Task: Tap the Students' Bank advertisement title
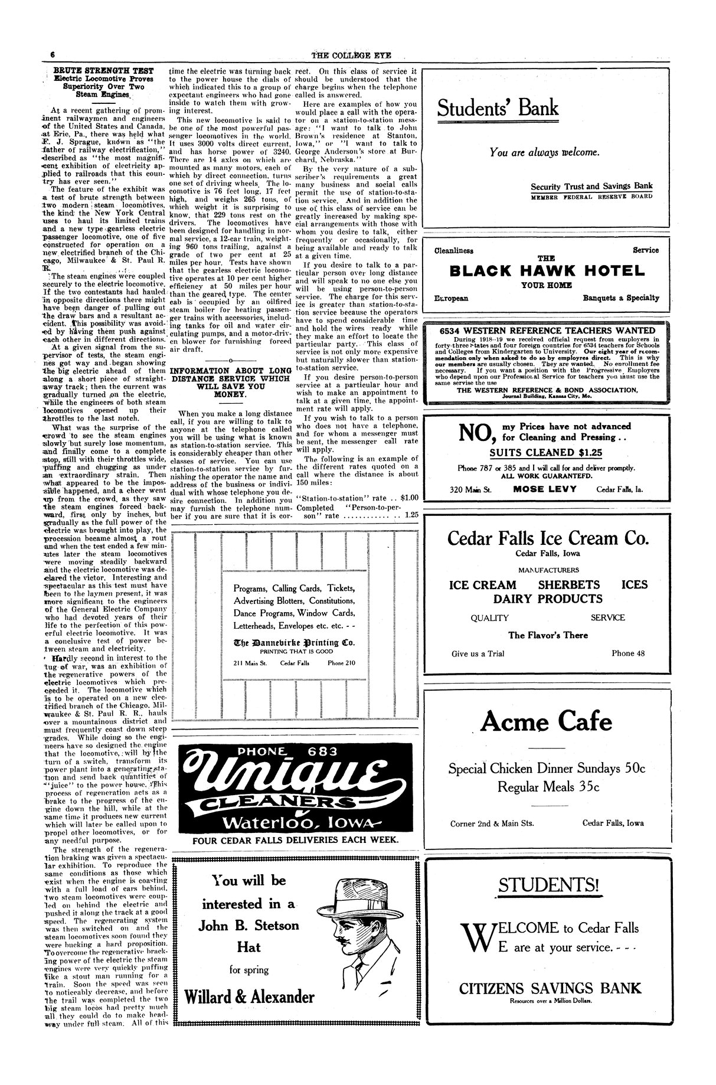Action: click(x=498, y=108)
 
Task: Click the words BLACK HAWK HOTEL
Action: click(x=547, y=271)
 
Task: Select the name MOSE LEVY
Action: click(x=545, y=489)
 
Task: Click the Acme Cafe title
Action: click(x=547, y=721)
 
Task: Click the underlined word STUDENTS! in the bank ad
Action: click(x=548, y=885)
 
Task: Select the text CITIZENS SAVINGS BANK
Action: click(x=550, y=988)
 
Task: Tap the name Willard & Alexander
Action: click(x=249, y=997)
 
